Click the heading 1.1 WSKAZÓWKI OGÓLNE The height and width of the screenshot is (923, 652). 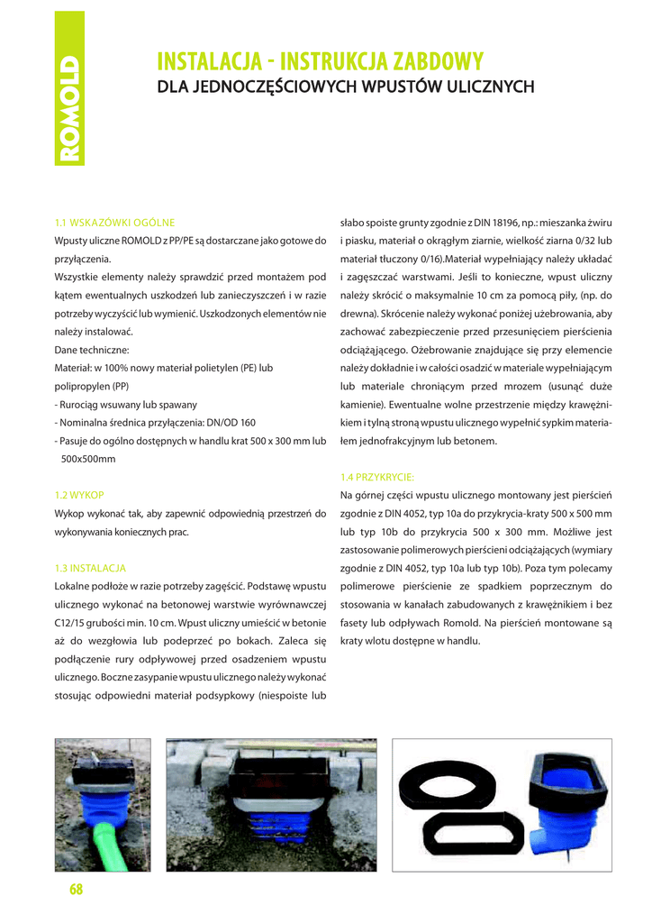tap(114, 222)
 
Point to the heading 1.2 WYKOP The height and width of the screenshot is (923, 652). tap(79, 495)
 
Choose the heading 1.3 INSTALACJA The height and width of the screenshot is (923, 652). tap(90, 568)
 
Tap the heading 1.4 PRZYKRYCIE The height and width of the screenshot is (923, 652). tap(376, 477)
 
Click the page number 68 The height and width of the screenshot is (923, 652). tap(76, 891)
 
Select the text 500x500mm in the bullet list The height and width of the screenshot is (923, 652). tap(88, 459)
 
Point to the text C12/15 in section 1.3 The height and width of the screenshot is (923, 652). tap(73, 623)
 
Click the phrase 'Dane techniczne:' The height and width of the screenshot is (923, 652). tap(92, 349)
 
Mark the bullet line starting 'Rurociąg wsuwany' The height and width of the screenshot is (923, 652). tap(126, 404)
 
